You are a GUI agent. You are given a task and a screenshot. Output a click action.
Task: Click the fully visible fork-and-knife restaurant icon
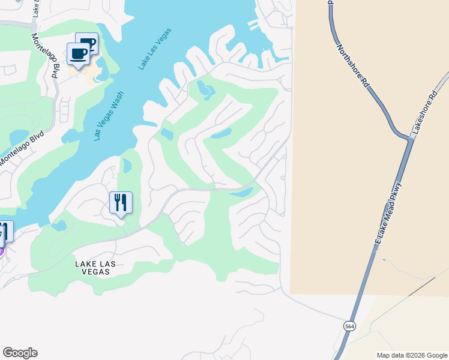point(121,203)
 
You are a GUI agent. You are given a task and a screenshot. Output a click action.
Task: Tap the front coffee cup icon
point(78,54)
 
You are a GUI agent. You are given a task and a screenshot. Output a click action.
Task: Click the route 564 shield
point(349,326)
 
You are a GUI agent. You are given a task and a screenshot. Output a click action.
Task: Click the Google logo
point(20,353)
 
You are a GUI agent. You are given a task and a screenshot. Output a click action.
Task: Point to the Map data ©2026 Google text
point(412,355)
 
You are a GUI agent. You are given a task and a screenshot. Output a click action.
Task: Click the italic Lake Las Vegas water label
point(155,49)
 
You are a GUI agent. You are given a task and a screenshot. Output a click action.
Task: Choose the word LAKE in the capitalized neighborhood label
point(86,263)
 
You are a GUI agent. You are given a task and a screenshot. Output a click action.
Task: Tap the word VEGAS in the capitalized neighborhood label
point(92,272)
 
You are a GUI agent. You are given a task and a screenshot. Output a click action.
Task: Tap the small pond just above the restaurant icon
point(127,165)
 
